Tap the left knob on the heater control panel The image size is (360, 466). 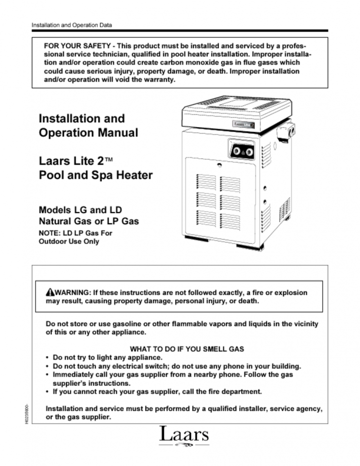coord(236,151)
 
